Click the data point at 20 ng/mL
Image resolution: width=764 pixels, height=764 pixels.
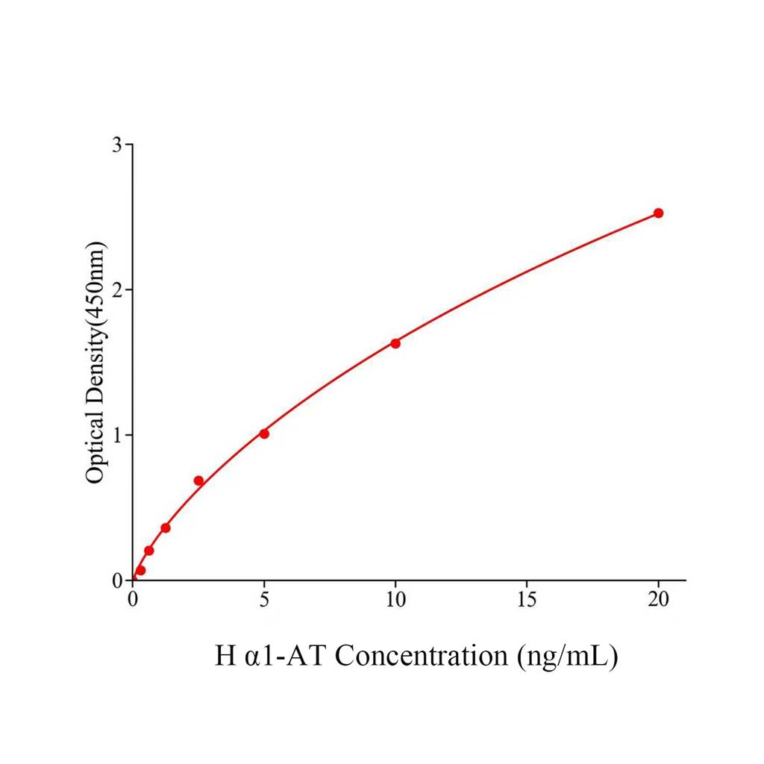pos(658,213)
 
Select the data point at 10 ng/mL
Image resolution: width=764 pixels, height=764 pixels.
pos(395,343)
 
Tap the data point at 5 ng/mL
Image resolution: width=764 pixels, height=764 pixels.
pos(264,433)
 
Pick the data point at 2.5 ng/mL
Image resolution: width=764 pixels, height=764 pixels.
pos(198,480)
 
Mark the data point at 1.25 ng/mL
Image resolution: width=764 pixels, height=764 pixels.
pos(166,528)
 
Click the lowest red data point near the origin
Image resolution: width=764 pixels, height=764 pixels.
pos(140,571)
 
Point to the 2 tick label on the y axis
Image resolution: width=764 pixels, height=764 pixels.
pos(117,289)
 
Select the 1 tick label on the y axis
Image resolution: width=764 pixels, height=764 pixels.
pos(117,435)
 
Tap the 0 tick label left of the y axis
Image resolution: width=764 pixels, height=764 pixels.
pos(117,580)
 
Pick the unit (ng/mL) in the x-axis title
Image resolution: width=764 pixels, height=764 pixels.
pos(566,657)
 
